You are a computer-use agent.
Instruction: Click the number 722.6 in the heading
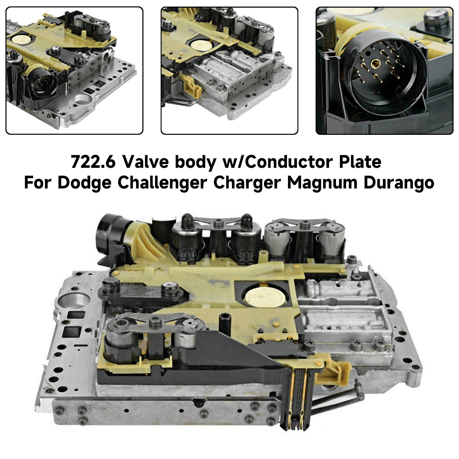93,162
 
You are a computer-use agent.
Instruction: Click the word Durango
399,183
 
